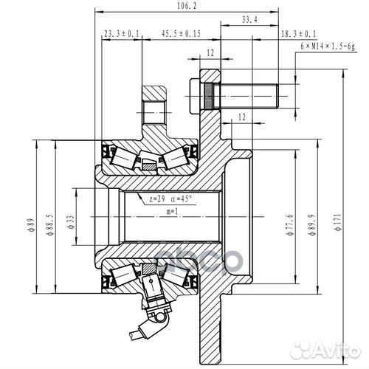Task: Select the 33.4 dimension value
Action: click(x=249, y=21)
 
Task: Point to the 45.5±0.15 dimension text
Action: click(x=181, y=34)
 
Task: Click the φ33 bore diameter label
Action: click(x=68, y=226)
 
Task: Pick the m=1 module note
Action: click(x=171, y=213)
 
